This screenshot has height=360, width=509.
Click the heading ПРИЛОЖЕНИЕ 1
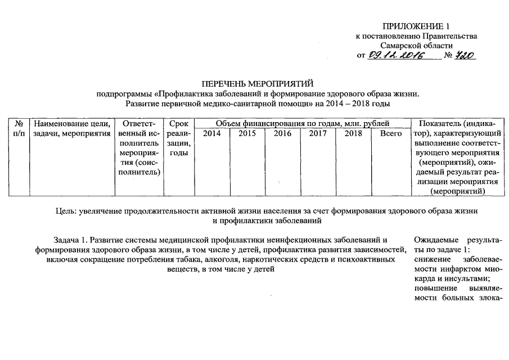[416, 26]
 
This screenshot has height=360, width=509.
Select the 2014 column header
[212, 134]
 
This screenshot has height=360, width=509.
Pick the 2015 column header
[247, 134]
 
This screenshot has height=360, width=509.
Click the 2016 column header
[283, 134]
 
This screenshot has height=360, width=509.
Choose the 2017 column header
[318, 134]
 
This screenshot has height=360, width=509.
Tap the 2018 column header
[353, 134]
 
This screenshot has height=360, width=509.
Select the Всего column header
[390, 134]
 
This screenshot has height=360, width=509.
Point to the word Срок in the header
[177, 124]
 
